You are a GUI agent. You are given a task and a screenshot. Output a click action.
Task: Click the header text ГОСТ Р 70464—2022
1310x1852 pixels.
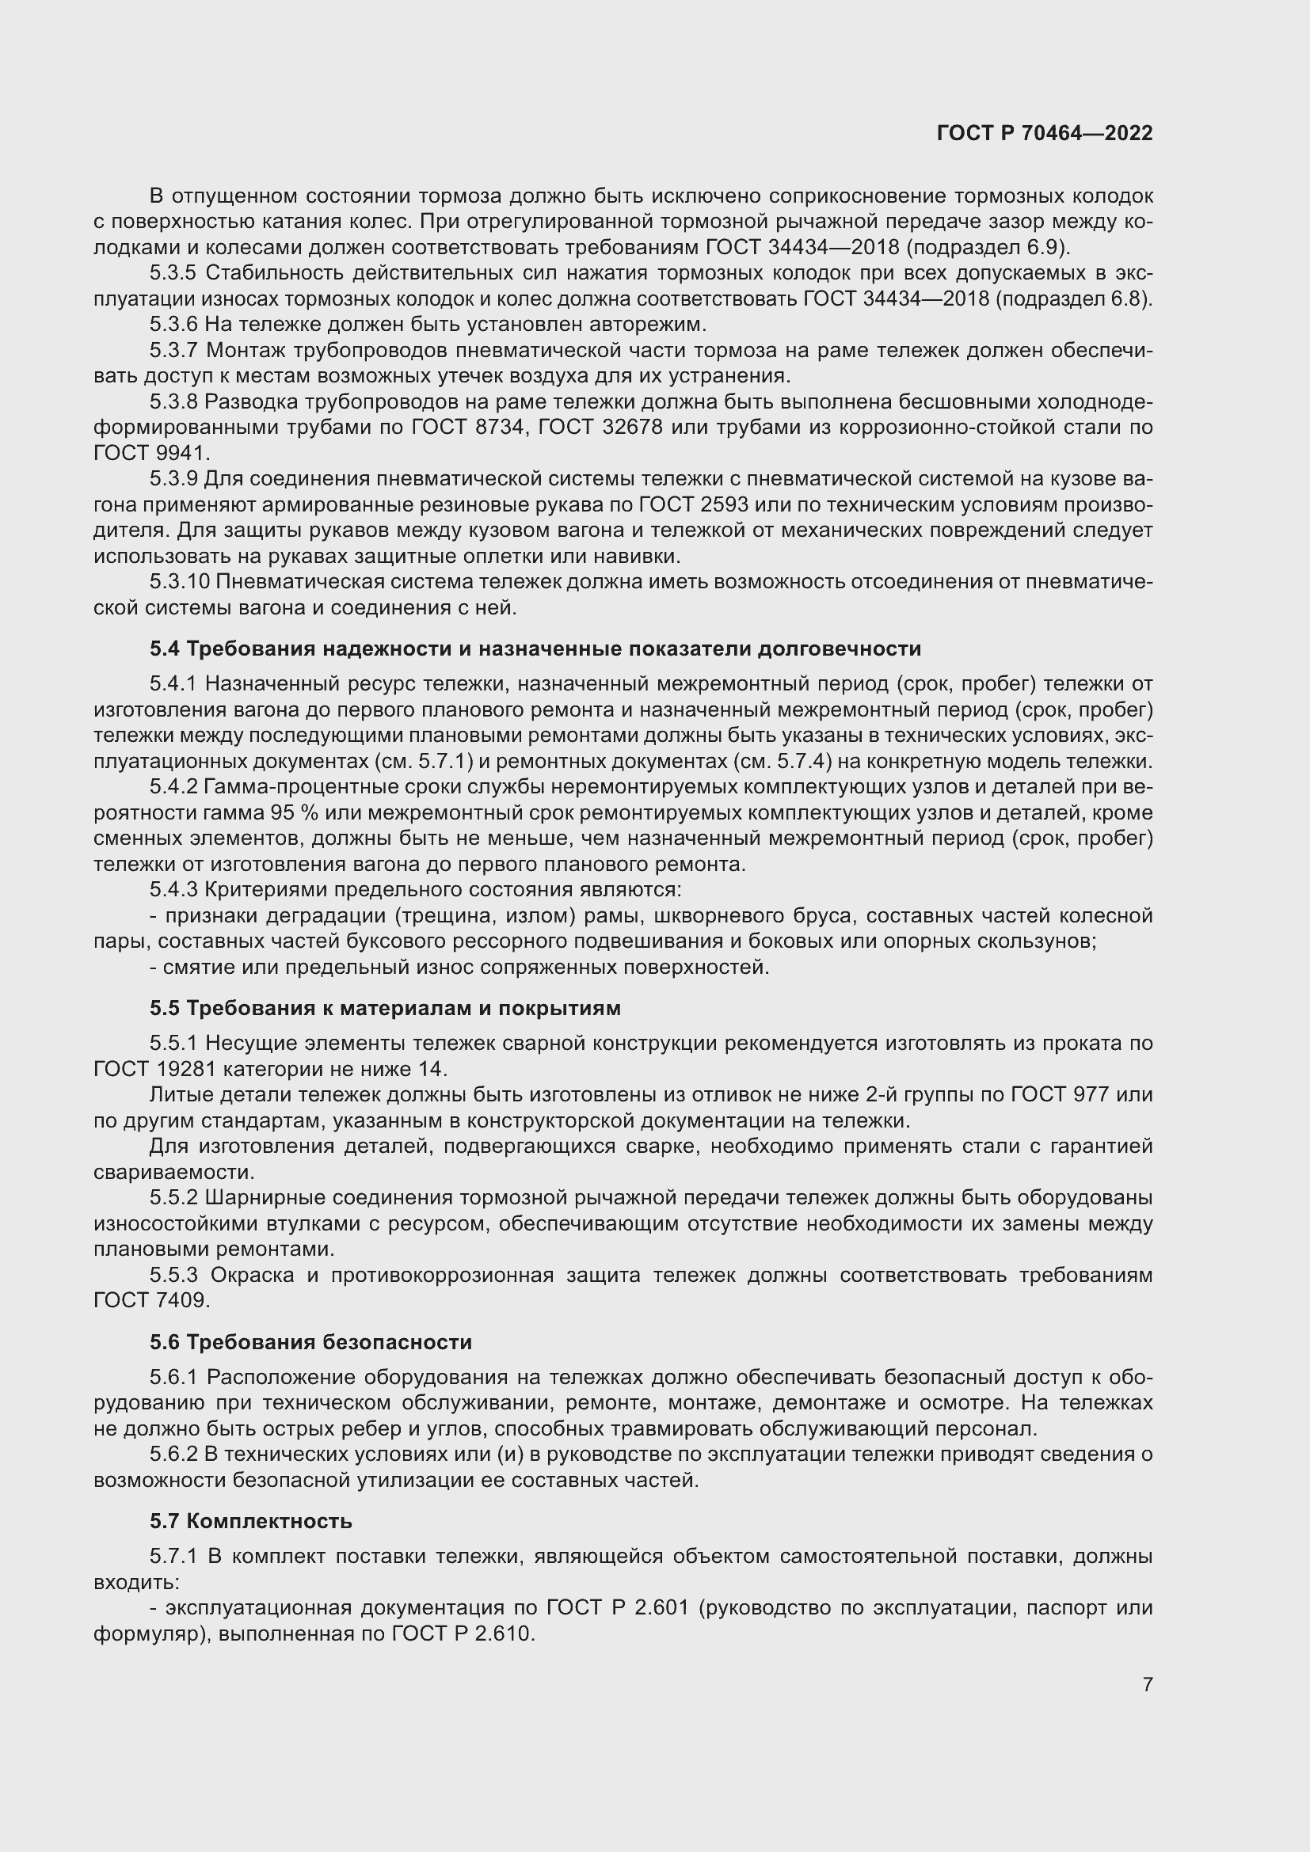coord(1045,133)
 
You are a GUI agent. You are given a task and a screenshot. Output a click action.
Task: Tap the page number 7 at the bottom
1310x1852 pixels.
coord(1147,1684)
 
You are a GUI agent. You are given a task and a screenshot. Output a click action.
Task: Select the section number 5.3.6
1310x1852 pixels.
coord(173,325)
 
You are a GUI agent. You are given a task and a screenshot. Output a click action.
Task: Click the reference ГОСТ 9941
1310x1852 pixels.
coord(151,454)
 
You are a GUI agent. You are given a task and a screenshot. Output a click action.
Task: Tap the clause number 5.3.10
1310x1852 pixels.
coord(179,582)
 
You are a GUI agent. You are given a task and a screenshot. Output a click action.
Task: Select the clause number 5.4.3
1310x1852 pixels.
coord(173,890)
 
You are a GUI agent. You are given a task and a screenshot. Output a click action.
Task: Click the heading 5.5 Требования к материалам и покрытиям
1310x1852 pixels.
coord(385,1008)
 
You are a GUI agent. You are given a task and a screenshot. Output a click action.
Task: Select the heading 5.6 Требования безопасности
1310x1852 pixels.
coord(310,1342)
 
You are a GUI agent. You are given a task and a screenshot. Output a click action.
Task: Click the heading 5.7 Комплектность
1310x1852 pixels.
coord(251,1521)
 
